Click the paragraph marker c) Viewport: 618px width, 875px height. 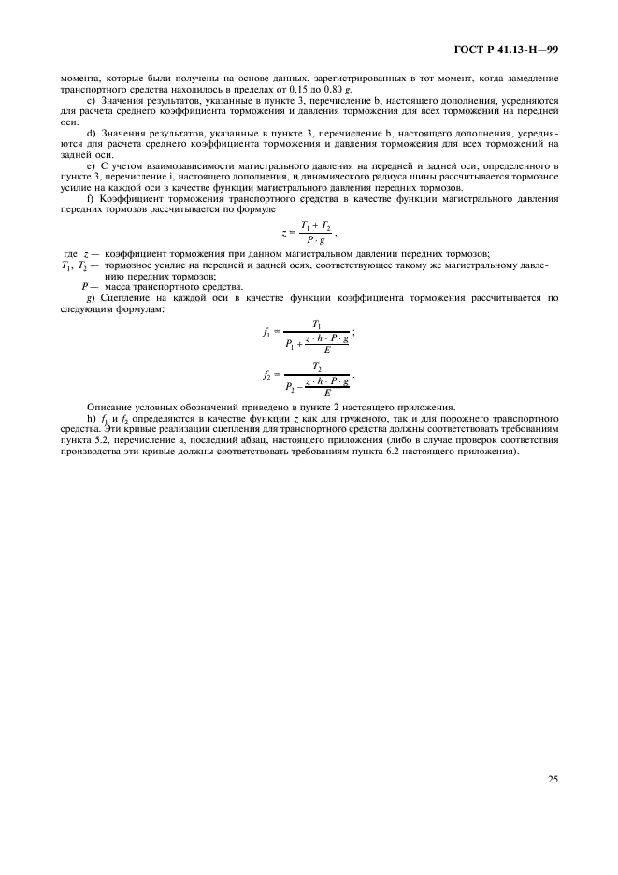click(90, 100)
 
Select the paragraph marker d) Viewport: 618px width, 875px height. click(90, 134)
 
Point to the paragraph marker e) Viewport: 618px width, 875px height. click(90, 166)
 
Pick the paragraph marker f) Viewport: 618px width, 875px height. click(89, 199)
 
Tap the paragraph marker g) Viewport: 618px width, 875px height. click(89, 297)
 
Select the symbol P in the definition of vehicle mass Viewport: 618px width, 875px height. click(85, 286)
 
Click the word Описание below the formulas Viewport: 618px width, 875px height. click(110, 406)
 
